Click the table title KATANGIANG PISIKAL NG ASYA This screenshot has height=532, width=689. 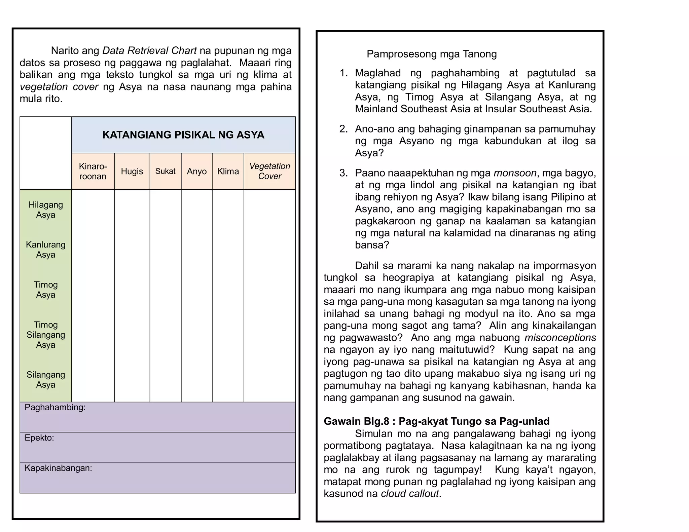click(183, 135)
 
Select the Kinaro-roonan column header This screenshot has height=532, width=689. click(93, 171)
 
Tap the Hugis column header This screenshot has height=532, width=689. click(132, 171)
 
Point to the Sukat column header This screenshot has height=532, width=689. click(165, 171)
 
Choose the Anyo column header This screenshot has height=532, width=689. click(197, 171)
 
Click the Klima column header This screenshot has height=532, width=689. click(228, 171)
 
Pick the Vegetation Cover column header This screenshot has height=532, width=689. click(269, 171)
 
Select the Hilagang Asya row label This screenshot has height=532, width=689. click(46, 210)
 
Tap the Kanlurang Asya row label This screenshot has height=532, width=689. click(46, 250)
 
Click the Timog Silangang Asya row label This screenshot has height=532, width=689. click(46, 335)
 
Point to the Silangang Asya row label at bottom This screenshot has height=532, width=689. click(46, 379)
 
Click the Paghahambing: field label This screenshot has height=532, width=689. click(55, 407)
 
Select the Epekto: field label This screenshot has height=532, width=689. click(39, 438)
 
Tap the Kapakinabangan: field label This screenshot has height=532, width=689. click(58, 468)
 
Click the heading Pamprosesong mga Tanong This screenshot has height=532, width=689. click(431, 54)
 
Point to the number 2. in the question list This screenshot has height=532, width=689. click(343, 129)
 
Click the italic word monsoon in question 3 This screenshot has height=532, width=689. click(515, 173)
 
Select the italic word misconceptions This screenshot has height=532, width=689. click(560, 337)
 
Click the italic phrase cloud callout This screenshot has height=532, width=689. click(410, 493)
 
